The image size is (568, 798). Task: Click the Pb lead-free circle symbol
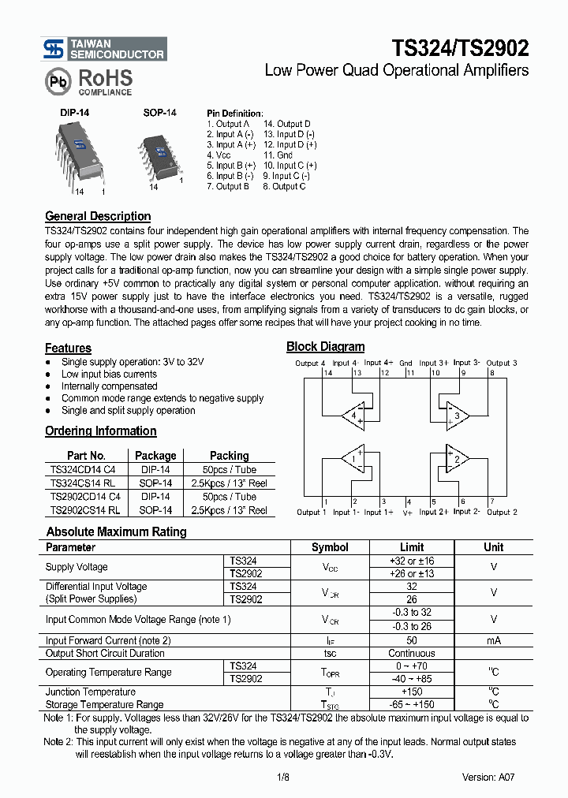(x=57, y=81)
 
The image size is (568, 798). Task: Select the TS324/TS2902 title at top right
(x=460, y=48)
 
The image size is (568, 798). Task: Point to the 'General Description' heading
(x=98, y=216)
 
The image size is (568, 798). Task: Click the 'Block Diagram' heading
(x=325, y=346)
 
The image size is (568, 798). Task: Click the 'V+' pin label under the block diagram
(x=408, y=513)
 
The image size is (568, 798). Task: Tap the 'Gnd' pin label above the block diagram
(x=405, y=364)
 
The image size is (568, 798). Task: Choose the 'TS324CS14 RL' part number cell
(x=82, y=483)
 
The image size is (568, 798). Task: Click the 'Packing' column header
(x=229, y=456)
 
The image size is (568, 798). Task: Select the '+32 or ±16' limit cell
(x=411, y=561)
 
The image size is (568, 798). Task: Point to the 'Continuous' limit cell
(x=411, y=653)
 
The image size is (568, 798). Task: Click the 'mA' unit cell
(x=493, y=640)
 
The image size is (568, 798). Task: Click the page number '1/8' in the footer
(x=284, y=777)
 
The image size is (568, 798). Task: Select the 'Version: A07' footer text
(x=490, y=777)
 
